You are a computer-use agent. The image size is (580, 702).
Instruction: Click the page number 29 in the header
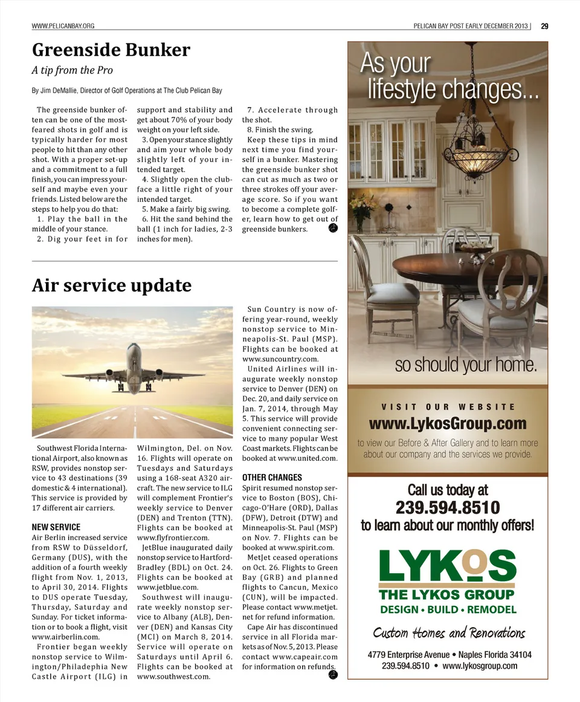coord(544,26)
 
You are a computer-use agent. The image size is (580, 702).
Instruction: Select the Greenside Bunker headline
coord(111,50)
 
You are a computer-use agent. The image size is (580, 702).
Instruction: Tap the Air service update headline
coord(111,285)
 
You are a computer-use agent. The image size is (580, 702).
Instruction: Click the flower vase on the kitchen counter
coord(359,212)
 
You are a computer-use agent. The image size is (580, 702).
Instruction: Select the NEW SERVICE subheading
coord(56,527)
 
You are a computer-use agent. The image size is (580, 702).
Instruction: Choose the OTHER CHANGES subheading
coord(272,478)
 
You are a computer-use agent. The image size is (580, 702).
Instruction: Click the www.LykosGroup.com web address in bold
coord(448,423)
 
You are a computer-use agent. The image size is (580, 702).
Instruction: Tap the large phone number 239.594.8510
coord(448,507)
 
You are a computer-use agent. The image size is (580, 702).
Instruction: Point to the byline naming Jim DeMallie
coord(127,91)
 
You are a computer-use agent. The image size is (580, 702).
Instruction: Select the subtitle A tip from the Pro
coord(72,70)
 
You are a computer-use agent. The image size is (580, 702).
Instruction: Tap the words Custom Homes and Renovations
coord(448,632)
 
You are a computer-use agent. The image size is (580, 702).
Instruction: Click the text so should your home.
coord(466,366)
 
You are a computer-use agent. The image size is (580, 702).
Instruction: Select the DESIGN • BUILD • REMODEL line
coord(448,609)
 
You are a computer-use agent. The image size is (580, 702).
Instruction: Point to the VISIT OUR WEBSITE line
coord(448,407)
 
